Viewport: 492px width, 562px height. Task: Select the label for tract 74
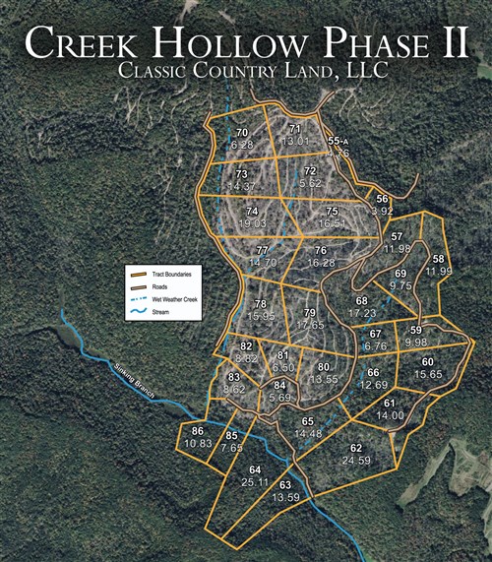[x=253, y=212]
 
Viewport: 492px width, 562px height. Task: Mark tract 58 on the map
[x=439, y=259]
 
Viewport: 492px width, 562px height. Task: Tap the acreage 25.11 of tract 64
[x=255, y=482]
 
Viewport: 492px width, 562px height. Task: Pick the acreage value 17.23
[x=362, y=312]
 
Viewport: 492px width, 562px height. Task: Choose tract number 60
[x=427, y=361]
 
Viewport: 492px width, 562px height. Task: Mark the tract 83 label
[x=233, y=377]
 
